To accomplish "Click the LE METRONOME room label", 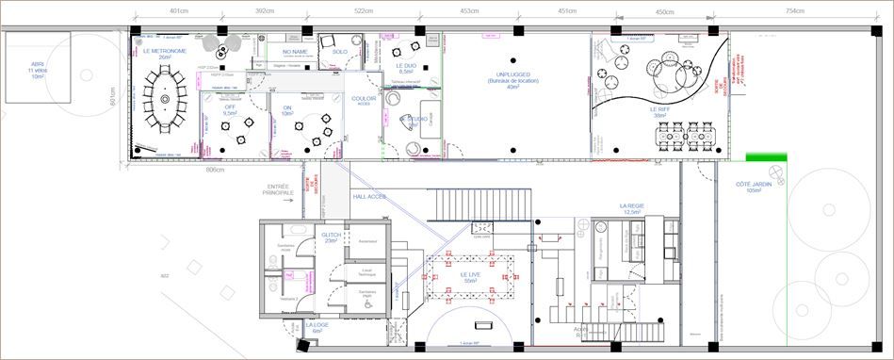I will (x=165, y=51).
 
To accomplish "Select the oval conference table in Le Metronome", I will (x=166, y=97).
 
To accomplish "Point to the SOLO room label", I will (x=339, y=52).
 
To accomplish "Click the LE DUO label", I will (x=406, y=65).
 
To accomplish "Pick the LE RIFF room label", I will (x=659, y=109).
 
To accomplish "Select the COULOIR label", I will (x=364, y=98).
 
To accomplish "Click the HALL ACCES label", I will (x=369, y=197).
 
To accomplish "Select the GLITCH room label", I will (x=331, y=235).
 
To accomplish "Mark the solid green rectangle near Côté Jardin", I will (x=759, y=158).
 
